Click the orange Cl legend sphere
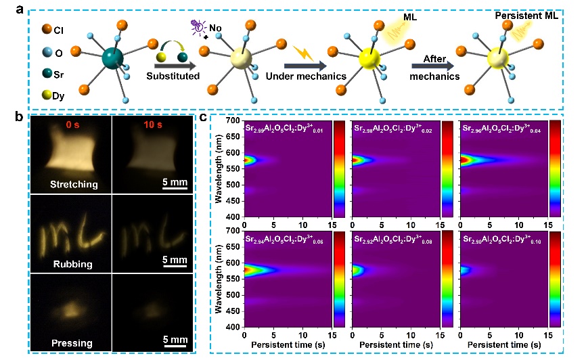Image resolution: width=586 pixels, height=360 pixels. pos(47,29)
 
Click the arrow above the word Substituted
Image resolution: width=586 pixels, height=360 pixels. pos(173,66)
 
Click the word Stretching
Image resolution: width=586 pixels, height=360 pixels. pos(72,184)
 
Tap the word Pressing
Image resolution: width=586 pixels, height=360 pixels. pos(72,342)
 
